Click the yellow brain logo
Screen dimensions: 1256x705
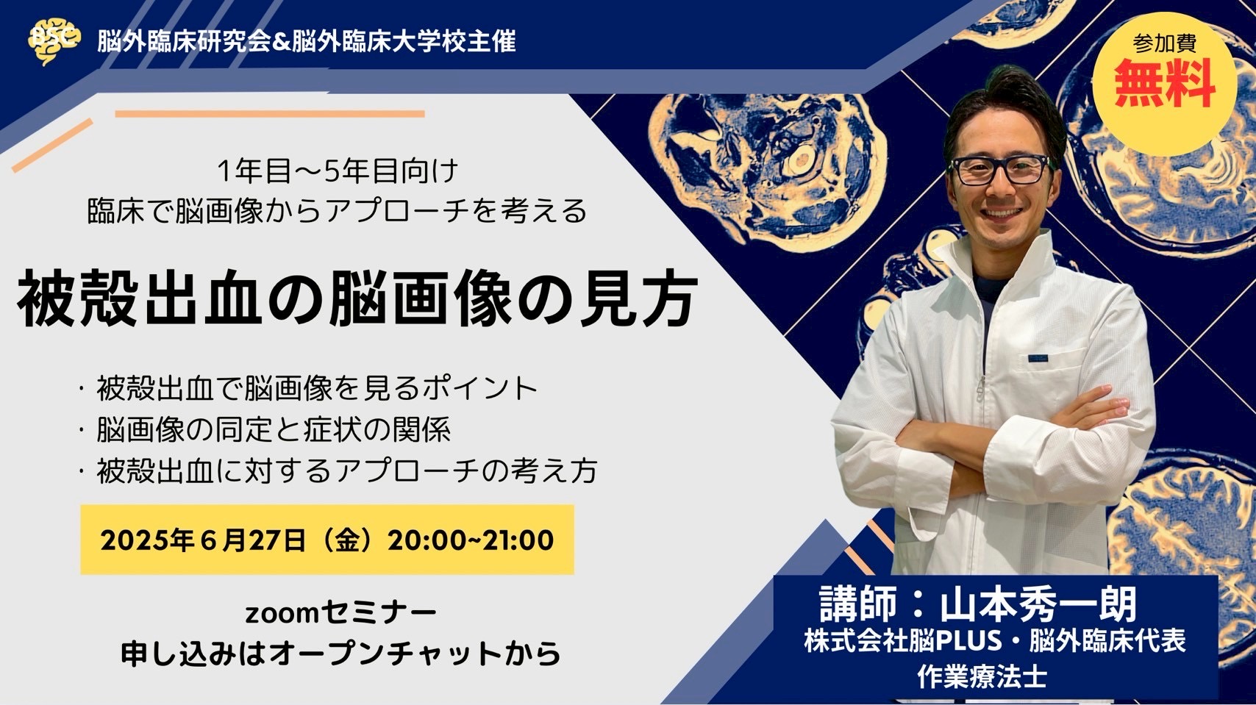[x=54, y=41]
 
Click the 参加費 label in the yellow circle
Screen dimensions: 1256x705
[x=1165, y=43]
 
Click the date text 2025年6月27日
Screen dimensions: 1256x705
[x=203, y=540]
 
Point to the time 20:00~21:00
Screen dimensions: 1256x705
[x=471, y=540]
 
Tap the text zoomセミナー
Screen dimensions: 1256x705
[x=341, y=614]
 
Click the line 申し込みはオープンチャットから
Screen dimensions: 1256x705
[x=341, y=654]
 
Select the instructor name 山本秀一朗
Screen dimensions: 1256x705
[x=1038, y=604]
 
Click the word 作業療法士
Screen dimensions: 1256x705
[x=982, y=676]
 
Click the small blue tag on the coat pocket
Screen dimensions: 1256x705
[x=1038, y=358]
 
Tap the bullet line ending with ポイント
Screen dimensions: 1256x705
[x=317, y=388]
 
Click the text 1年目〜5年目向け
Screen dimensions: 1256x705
[x=338, y=171]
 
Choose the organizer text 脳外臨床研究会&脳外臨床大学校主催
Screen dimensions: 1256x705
[x=306, y=41]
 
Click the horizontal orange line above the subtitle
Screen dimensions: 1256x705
[x=270, y=114]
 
